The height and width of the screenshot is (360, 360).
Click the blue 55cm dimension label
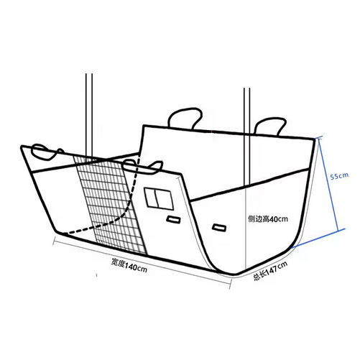(x=339, y=176)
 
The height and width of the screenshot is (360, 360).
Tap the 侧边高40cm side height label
(x=268, y=218)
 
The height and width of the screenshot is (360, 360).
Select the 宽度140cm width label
(x=129, y=265)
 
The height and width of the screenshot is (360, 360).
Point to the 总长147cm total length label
(x=271, y=271)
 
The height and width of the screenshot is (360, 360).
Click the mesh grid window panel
(x=110, y=203)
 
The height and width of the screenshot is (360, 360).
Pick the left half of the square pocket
(x=151, y=198)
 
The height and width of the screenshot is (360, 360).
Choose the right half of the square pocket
(x=165, y=200)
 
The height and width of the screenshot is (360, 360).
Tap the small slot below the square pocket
(x=174, y=219)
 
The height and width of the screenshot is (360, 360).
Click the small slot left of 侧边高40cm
(x=219, y=227)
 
